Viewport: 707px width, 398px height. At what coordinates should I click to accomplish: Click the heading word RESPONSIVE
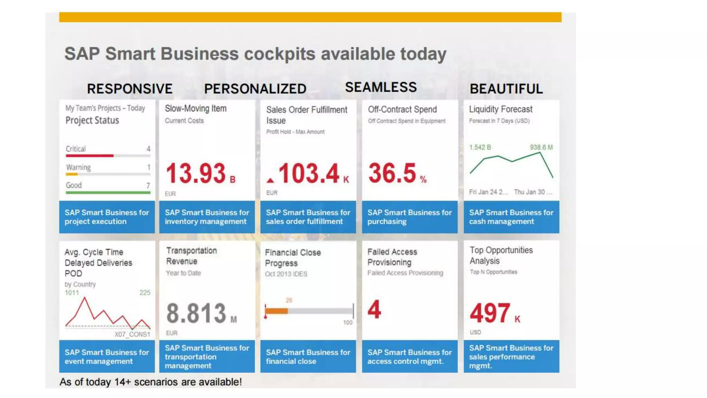click(x=129, y=89)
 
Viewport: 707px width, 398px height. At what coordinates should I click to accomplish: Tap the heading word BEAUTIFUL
click(x=506, y=89)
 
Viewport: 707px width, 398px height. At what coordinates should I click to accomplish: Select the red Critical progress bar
click(x=89, y=156)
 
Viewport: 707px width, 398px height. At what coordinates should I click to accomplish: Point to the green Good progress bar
click(x=108, y=192)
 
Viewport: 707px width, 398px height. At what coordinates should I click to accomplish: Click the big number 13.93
click(x=196, y=173)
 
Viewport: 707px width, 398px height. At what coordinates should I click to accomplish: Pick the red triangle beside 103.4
click(x=270, y=180)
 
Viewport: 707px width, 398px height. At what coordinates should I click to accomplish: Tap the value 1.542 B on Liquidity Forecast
click(x=480, y=148)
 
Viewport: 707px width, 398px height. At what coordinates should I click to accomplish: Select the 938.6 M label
click(x=541, y=148)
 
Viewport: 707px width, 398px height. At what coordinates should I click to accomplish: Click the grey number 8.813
click(x=196, y=313)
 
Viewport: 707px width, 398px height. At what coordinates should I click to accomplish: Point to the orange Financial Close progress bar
click(x=276, y=311)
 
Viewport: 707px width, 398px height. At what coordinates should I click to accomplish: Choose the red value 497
click(x=490, y=313)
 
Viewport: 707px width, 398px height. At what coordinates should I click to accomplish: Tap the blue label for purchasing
click(x=409, y=217)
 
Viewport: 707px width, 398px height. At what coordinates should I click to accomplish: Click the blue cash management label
click(x=511, y=217)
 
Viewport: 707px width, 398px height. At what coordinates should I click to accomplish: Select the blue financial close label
click(x=308, y=357)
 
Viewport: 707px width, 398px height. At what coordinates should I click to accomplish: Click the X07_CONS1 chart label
click(x=132, y=334)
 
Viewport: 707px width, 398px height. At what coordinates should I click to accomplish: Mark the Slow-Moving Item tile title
click(x=196, y=108)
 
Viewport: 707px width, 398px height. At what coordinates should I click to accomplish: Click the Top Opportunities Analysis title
click(x=501, y=255)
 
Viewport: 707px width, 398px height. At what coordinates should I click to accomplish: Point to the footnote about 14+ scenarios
click(x=151, y=382)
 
